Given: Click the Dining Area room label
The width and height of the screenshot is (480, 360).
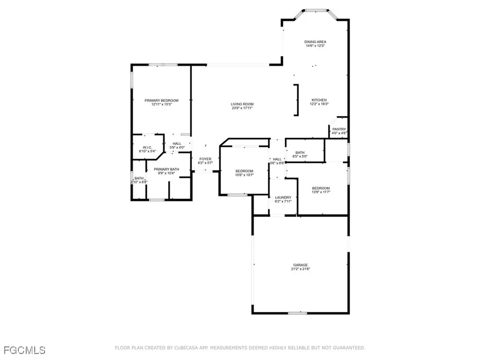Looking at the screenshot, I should click(x=315, y=42).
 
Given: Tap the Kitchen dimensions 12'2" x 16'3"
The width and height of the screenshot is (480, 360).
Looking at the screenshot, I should click(x=319, y=104).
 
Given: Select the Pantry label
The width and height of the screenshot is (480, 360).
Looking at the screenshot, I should click(x=339, y=129).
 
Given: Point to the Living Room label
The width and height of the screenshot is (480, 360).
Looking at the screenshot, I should click(x=242, y=104).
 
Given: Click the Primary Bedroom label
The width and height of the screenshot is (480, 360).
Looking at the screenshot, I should click(x=161, y=100).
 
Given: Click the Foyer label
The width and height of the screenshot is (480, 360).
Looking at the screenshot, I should click(x=205, y=159).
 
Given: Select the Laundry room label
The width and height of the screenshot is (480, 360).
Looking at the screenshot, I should click(x=283, y=197).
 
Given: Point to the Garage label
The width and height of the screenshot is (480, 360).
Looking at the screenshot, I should click(x=300, y=265).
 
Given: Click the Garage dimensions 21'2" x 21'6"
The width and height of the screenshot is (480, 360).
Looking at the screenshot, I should click(x=300, y=269).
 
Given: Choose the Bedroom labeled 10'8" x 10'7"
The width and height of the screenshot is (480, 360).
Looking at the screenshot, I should click(x=244, y=171).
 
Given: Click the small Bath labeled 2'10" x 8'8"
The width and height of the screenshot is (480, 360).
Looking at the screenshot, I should click(x=139, y=178).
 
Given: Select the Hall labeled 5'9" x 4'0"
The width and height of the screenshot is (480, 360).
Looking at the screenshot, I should click(x=177, y=143).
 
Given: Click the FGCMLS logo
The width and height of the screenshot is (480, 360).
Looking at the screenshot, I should click(x=23, y=350).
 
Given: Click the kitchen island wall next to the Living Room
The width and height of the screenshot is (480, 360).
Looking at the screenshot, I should click(x=296, y=99).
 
